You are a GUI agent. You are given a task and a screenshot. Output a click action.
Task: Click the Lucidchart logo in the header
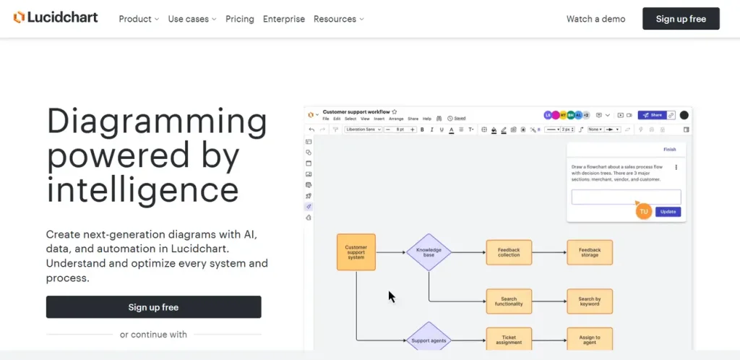(56, 18)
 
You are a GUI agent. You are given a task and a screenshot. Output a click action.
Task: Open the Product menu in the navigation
(138, 19)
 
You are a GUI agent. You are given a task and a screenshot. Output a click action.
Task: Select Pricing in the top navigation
(240, 19)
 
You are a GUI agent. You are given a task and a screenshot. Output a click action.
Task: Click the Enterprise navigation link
(284, 19)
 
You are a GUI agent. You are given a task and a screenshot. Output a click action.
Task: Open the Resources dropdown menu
(338, 19)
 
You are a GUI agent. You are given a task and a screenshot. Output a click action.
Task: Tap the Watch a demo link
(596, 19)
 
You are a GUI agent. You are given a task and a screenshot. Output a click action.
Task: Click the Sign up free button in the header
(681, 19)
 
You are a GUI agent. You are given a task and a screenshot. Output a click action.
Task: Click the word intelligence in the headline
(142, 189)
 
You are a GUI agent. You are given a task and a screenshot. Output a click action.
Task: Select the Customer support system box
(356, 252)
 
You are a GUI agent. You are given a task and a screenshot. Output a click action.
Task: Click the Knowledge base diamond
(429, 252)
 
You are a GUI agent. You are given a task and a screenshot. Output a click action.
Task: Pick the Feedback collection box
(509, 252)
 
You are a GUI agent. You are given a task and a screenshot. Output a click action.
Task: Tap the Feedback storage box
(590, 252)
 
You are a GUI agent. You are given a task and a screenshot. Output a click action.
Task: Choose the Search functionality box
(509, 301)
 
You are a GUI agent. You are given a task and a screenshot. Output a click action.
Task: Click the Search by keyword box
(590, 301)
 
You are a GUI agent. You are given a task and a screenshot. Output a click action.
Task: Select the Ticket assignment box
(509, 338)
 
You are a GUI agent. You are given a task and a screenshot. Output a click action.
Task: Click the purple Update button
(668, 212)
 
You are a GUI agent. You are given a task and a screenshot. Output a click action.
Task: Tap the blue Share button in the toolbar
(651, 115)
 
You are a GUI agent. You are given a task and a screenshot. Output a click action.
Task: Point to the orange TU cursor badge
(644, 211)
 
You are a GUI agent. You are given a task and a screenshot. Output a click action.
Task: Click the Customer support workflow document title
(356, 112)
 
